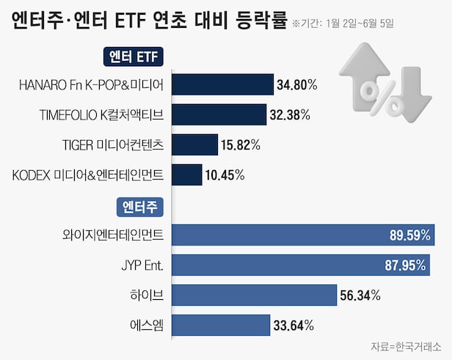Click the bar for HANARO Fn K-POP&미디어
click(222, 85)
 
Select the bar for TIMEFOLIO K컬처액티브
click(219, 115)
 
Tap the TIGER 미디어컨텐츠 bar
click(194, 144)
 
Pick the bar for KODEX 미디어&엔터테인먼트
click(186, 175)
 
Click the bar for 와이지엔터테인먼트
click(302, 235)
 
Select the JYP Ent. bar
click(300, 265)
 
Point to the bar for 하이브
click(253, 295)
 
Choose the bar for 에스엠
click(220, 325)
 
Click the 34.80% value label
click(296, 85)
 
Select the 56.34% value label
click(360, 295)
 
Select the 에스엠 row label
click(147, 325)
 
